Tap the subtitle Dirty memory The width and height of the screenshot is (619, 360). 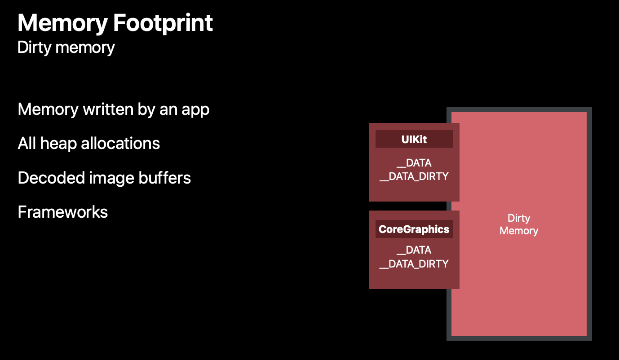[66, 47]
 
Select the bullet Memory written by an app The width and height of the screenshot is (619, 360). [113, 109]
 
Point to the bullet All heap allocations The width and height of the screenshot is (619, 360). [88, 143]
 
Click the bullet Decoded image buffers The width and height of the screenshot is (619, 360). [104, 178]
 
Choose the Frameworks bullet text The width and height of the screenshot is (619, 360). [62, 212]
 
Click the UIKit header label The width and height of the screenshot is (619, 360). [414, 139]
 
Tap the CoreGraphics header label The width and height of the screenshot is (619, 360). [414, 229]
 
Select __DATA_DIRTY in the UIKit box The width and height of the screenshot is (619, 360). [414, 176]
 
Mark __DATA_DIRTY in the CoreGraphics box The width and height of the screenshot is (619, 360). [414, 263]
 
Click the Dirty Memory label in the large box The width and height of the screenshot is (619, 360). [519, 224]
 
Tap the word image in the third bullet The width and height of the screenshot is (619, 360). [113, 178]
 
